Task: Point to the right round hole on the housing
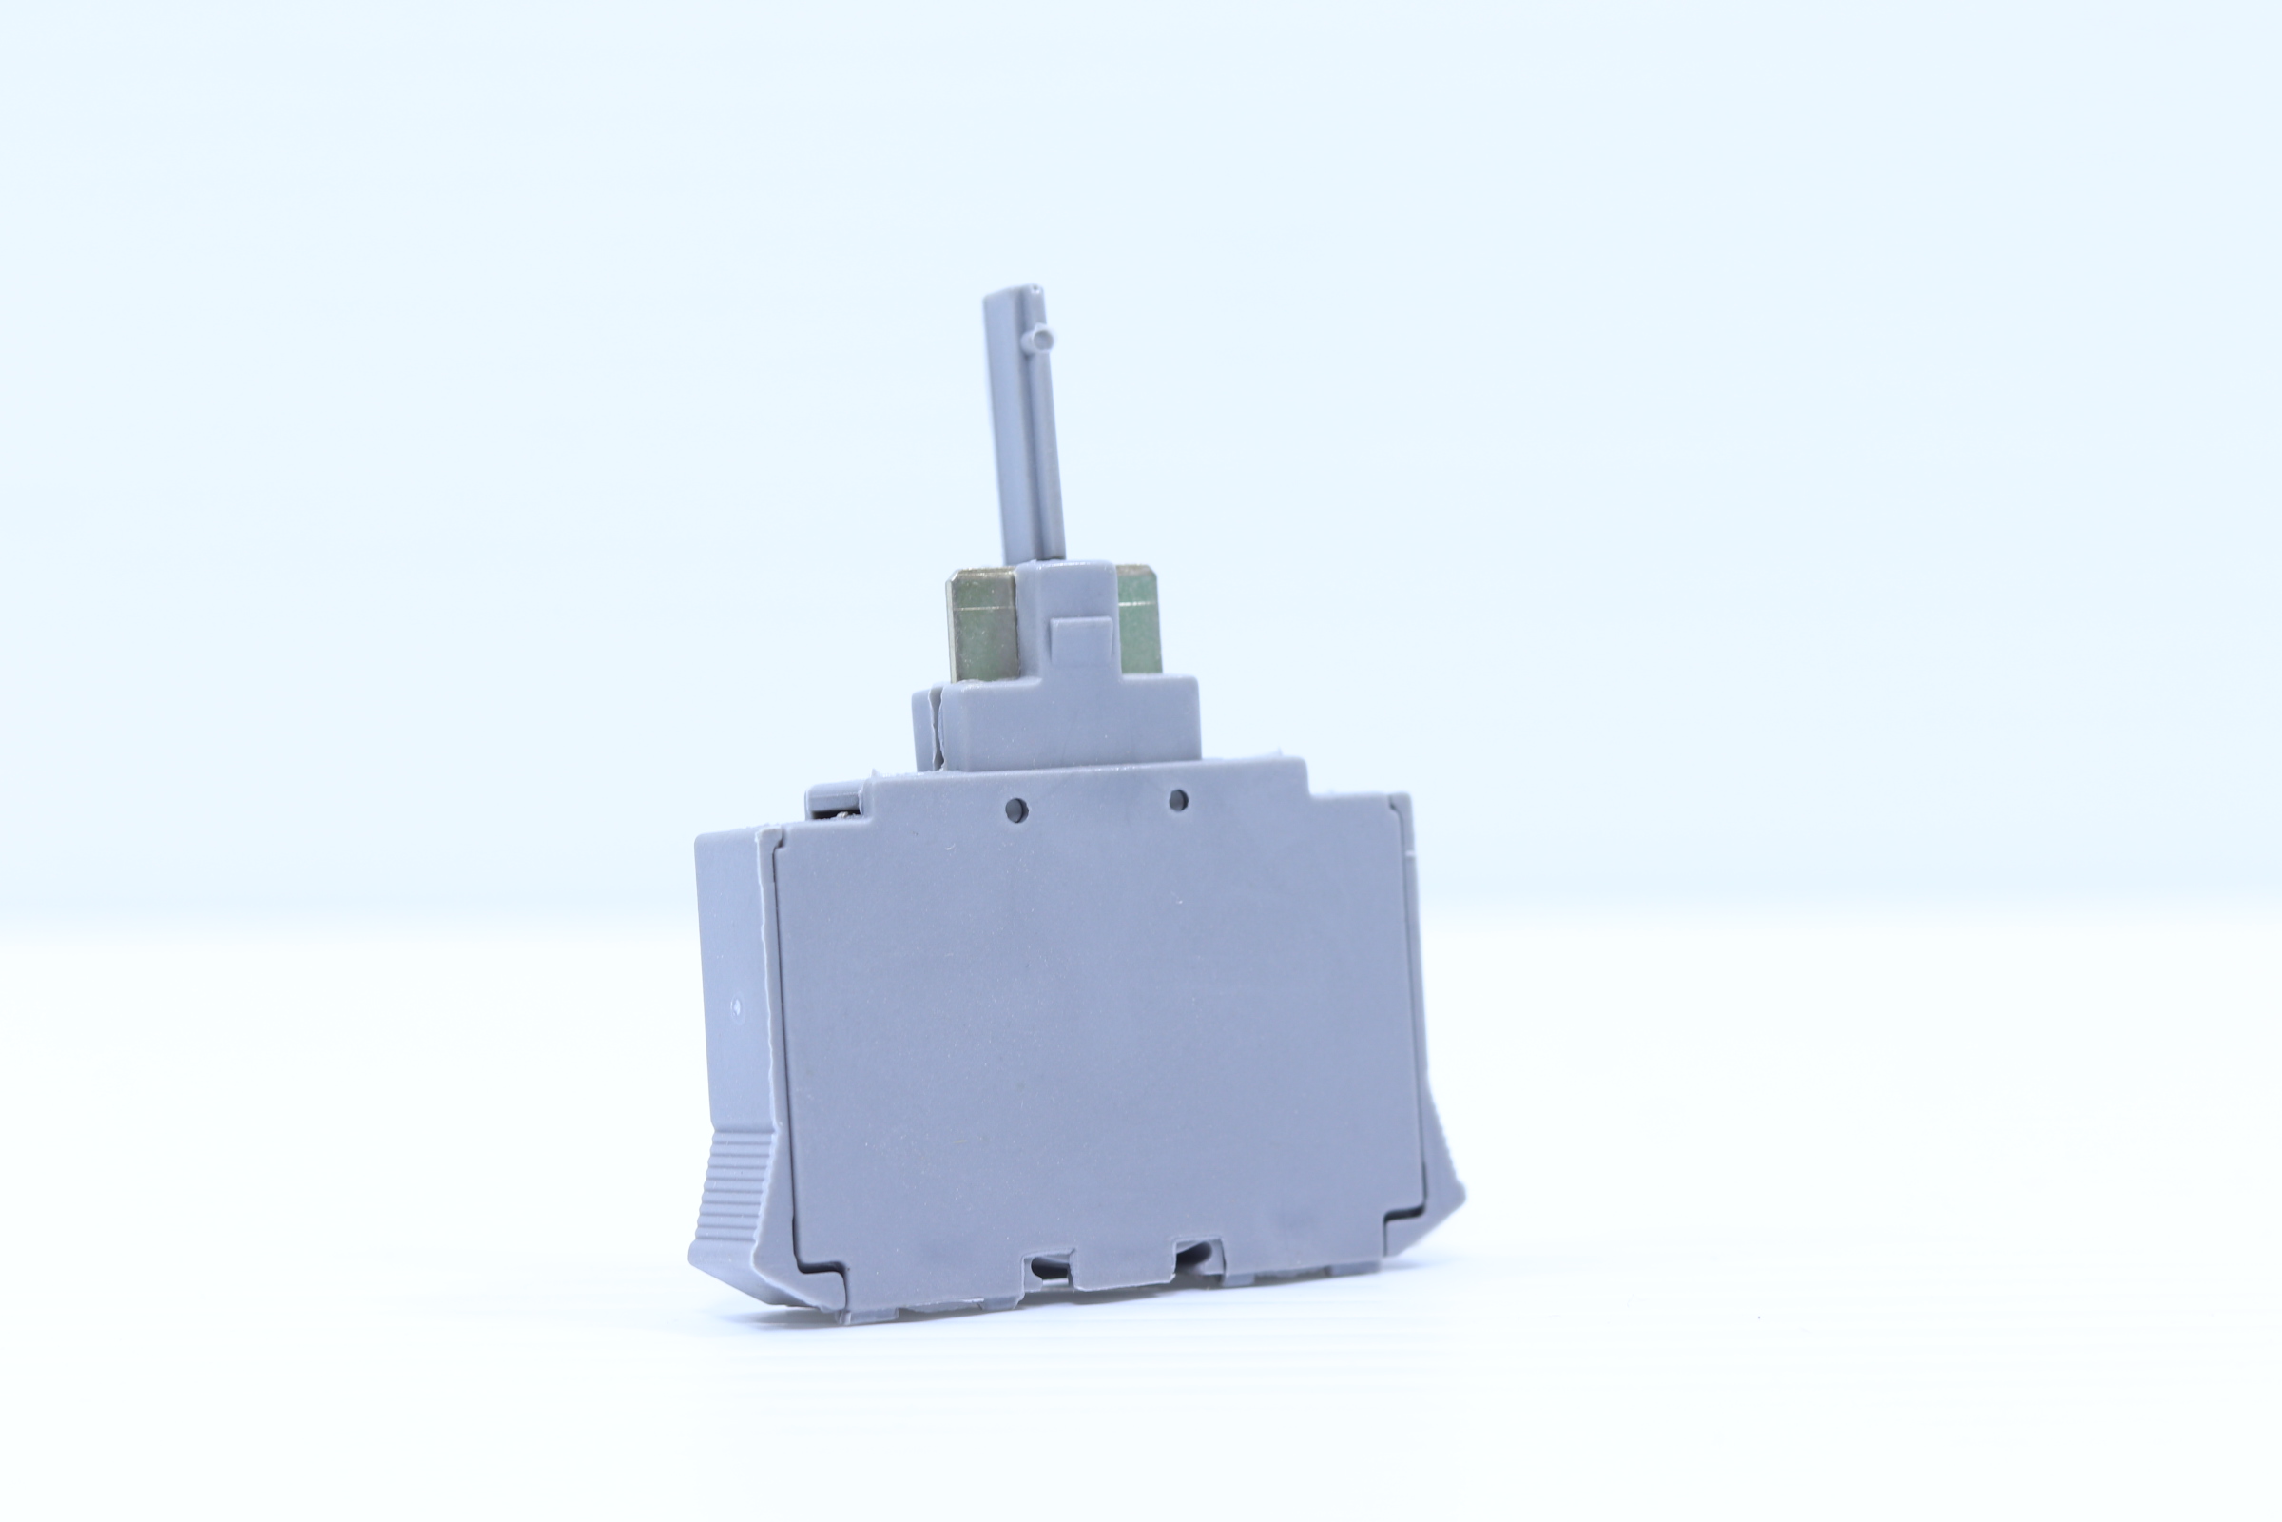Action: pyautogui.click(x=1178, y=801)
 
